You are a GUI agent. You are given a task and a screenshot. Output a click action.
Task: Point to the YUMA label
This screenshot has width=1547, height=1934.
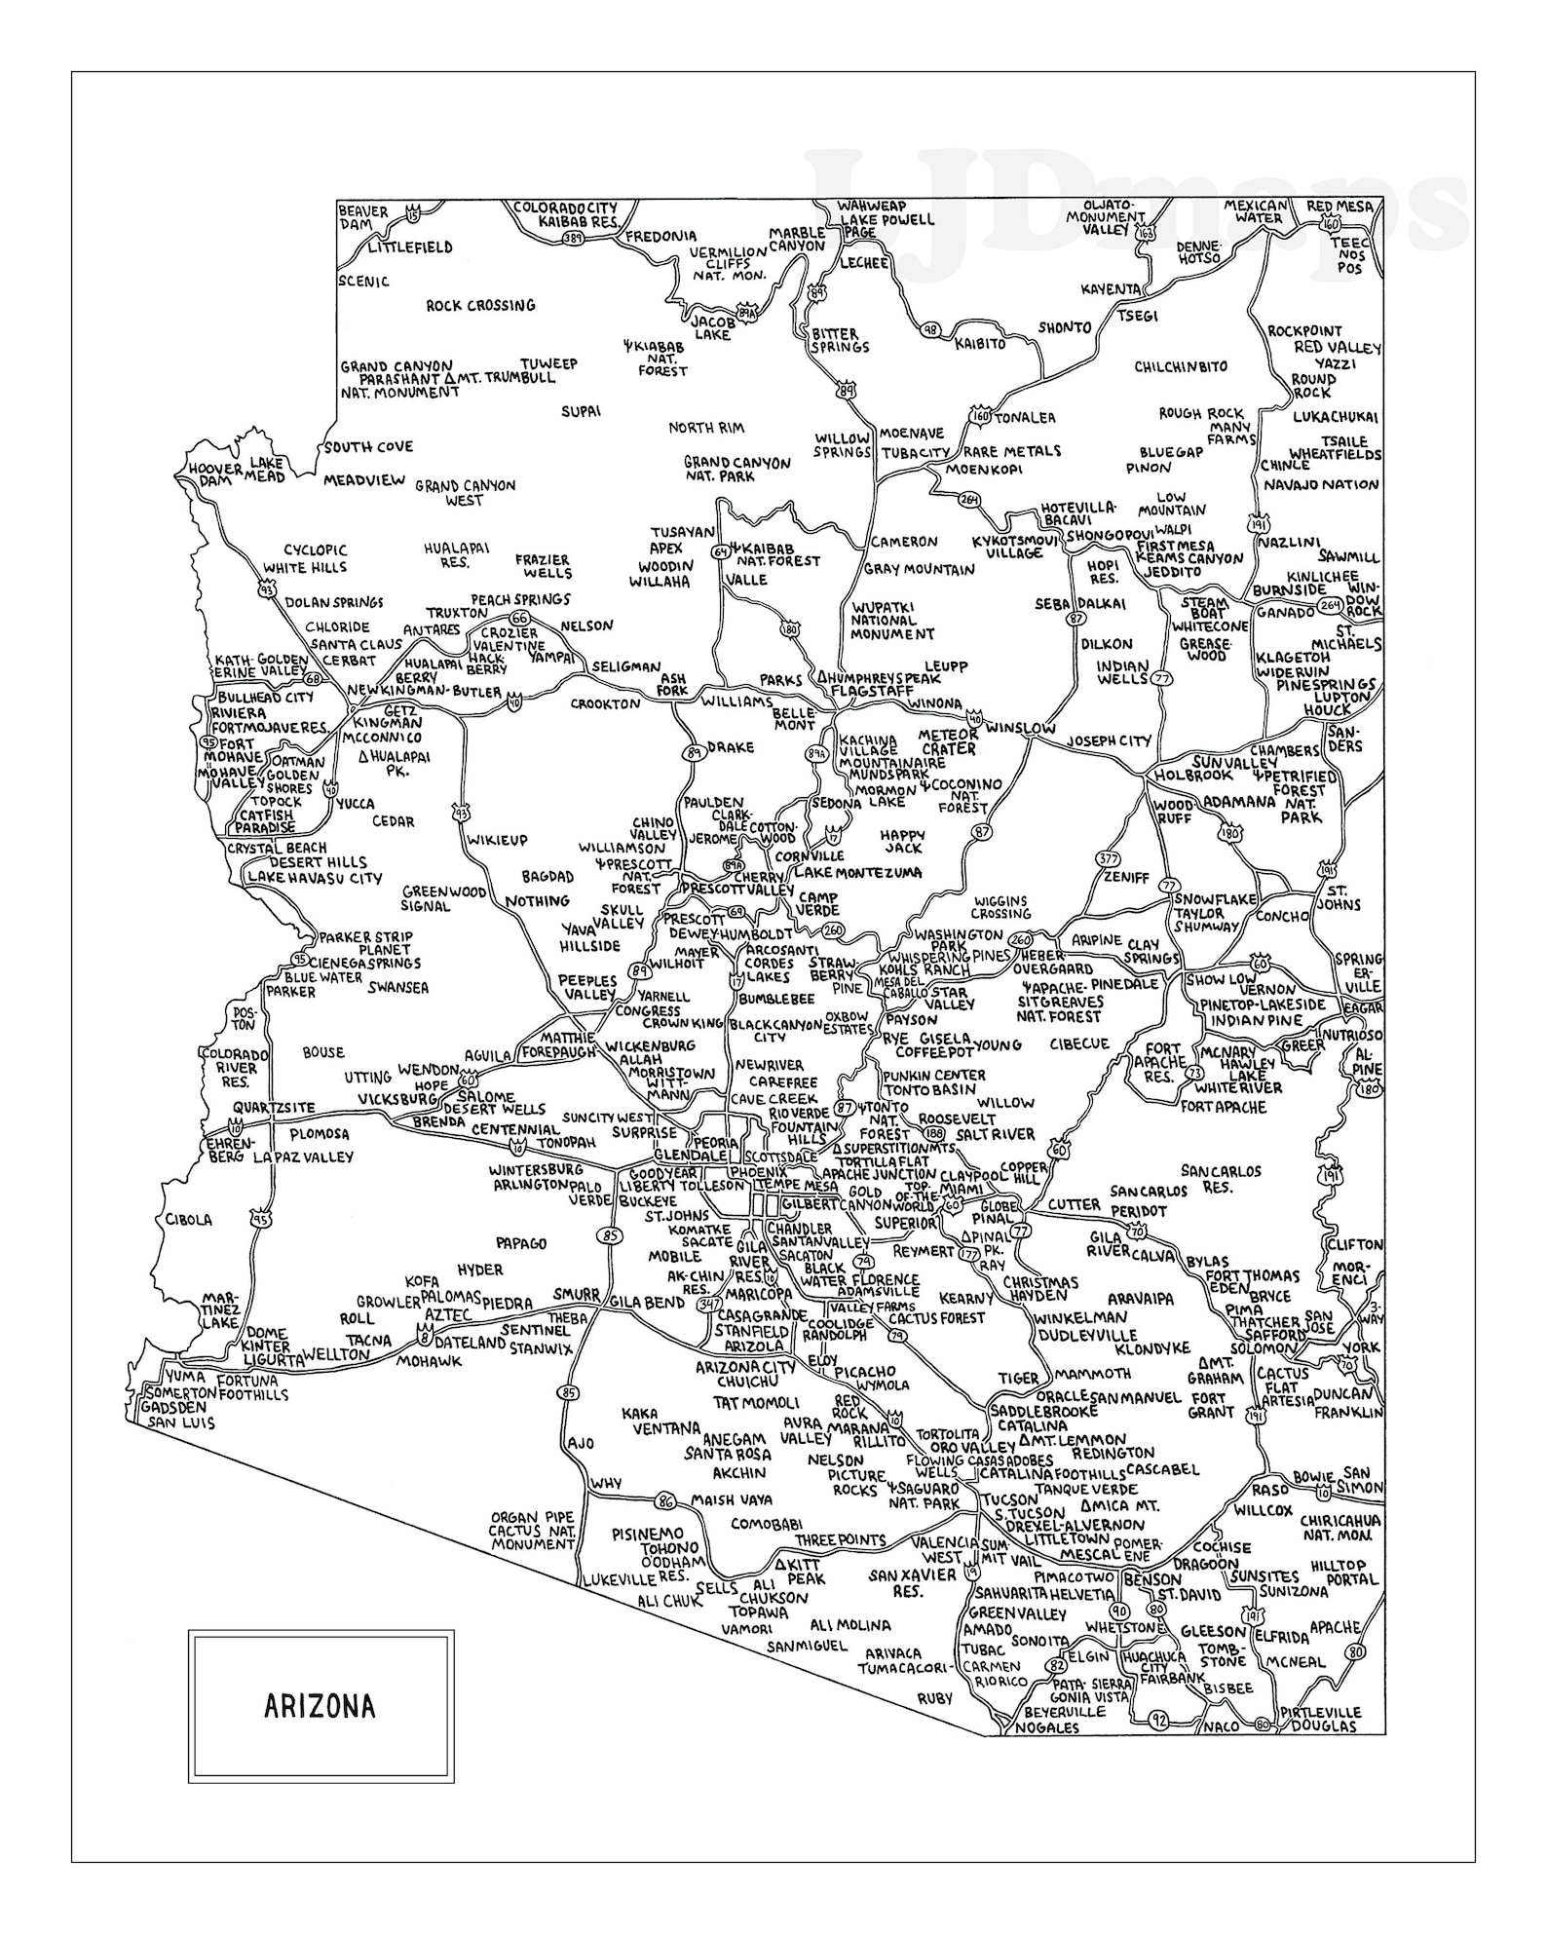[x=185, y=1377]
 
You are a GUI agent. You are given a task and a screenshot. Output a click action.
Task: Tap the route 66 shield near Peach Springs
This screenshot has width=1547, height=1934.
[x=520, y=620]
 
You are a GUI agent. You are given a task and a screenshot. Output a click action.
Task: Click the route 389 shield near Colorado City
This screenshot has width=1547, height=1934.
[x=573, y=238]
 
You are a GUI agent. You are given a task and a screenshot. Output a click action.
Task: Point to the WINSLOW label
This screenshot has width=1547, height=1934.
[x=1020, y=727]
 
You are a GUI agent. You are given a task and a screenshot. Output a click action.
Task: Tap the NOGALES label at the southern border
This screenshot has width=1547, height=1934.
[x=1047, y=1727]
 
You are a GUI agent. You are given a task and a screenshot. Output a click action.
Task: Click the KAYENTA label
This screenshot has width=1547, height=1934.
[x=1110, y=289]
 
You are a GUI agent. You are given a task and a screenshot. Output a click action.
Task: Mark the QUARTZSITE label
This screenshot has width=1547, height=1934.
[x=274, y=1107]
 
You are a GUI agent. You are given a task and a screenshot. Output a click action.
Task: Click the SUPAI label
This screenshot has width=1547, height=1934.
[x=581, y=411]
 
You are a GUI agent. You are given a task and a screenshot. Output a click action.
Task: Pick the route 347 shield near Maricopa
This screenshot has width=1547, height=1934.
[x=710, y=1305]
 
